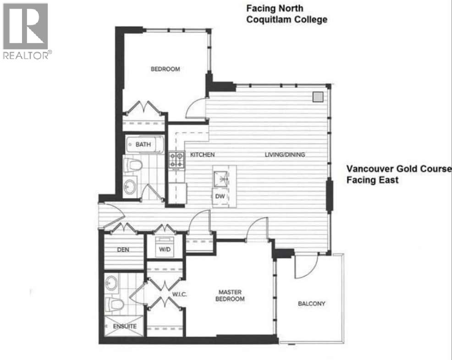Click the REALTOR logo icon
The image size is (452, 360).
25,27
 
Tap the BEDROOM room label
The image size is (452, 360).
165,69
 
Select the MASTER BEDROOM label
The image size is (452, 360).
230,295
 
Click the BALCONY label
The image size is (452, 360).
311,304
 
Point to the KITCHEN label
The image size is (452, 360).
202,155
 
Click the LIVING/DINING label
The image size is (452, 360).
285,155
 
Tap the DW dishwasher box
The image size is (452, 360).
220,196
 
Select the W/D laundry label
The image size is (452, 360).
165,249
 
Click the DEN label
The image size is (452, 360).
123,249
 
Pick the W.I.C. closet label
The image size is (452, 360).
180,294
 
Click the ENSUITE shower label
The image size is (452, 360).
125,326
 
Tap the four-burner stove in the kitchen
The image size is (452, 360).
176,160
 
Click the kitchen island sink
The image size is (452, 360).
220,179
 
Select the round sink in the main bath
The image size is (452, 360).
130,187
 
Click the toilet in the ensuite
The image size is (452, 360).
115,305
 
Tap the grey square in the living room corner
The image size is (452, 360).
318,97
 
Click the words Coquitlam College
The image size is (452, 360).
287,20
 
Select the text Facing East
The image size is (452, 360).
372,180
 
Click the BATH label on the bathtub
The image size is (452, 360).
143,144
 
